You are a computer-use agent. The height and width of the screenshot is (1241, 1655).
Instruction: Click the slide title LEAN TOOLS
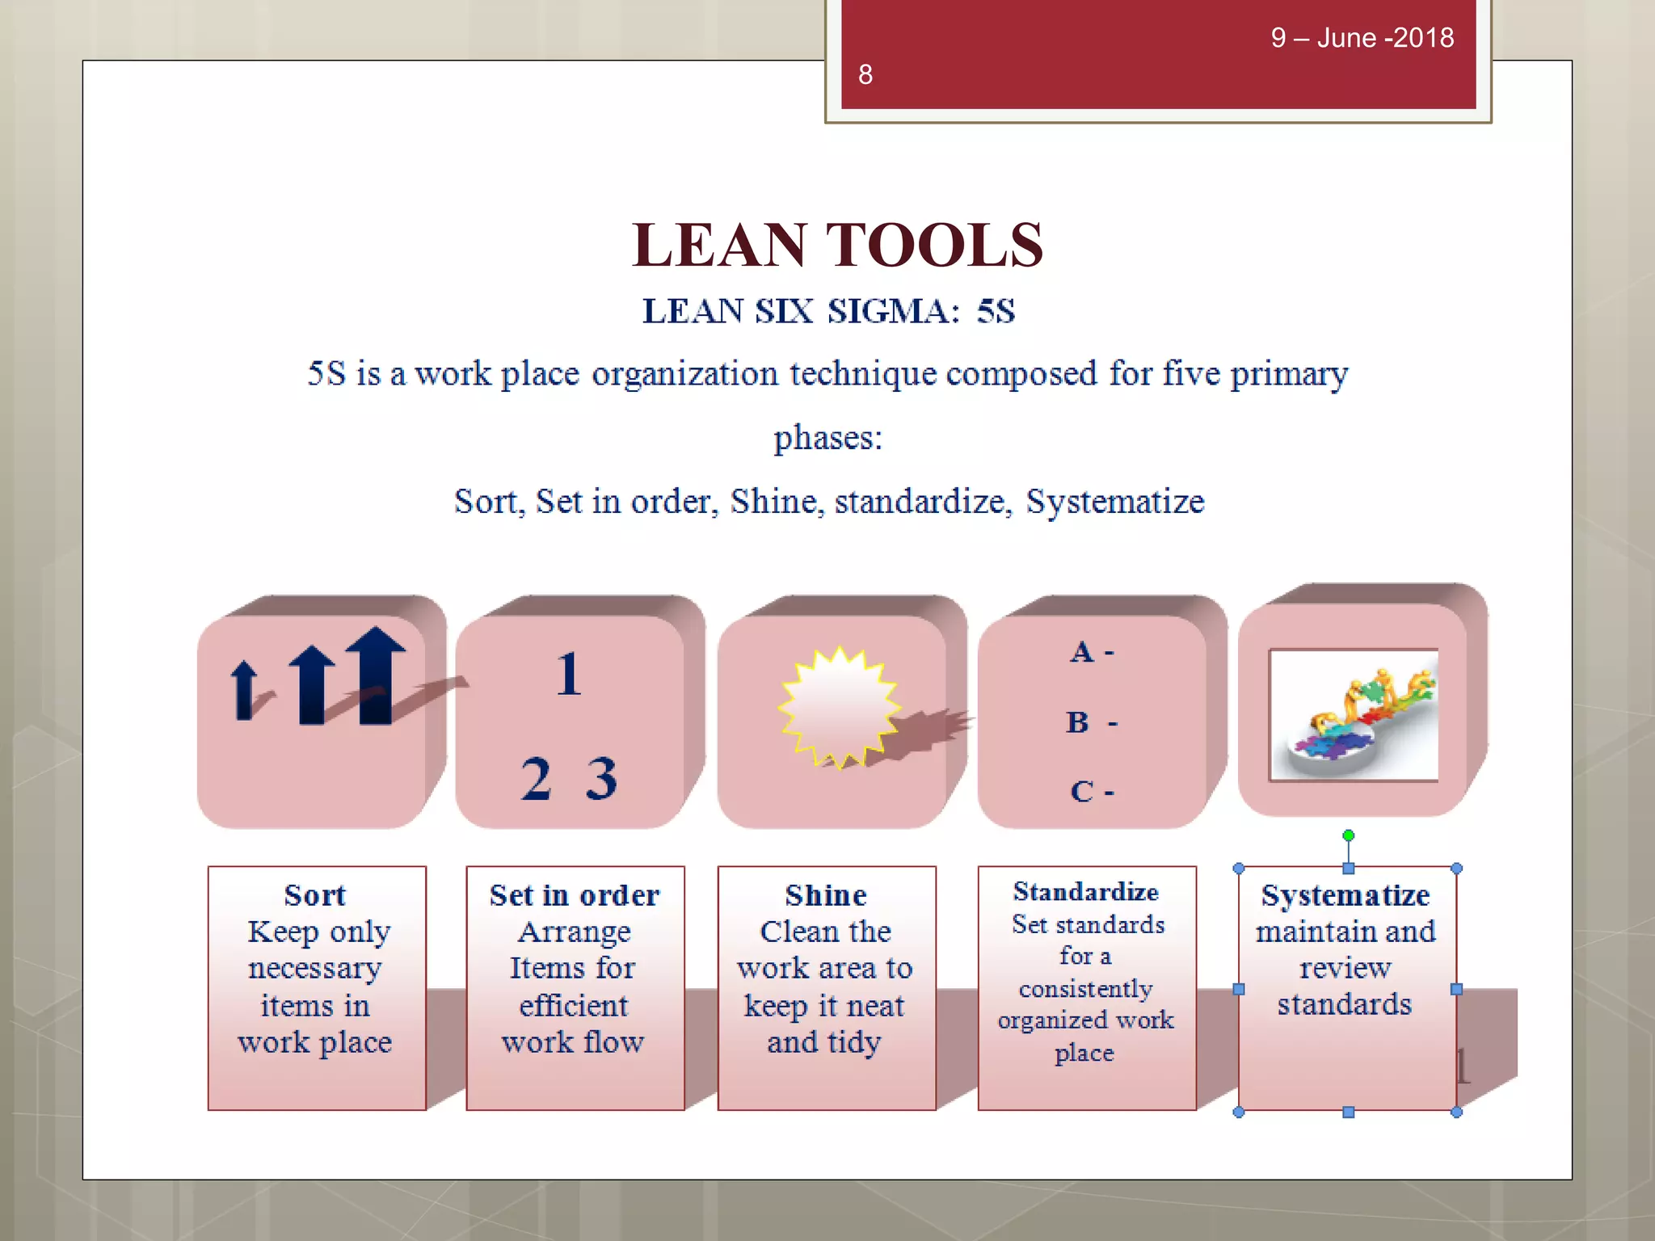(x=837, y=245)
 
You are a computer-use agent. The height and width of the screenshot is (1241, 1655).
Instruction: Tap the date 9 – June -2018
(x=1362, y=38)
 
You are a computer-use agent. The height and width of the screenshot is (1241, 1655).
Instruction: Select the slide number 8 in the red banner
(x=865, y=75)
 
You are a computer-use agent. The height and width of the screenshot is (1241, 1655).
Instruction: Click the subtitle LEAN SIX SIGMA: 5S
(x=828, y=311)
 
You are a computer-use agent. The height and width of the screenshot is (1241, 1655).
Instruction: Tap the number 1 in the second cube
(x=569, y=674)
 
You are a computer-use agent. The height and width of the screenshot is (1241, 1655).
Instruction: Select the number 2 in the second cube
(x=537, y=778)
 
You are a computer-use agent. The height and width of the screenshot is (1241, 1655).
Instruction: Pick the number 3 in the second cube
(x=602, y=778)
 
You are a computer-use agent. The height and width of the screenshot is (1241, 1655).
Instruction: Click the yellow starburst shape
(x=839, y=706)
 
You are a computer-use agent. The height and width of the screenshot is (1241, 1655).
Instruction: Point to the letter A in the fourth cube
(x=1082, y=651)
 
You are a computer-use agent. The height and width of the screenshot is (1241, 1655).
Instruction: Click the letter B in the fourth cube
(x=1077, y=721)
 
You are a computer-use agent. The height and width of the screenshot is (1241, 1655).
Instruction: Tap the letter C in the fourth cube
(x=1082, y=791)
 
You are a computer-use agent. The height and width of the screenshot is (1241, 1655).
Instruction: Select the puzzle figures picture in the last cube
(x=1354, y=715)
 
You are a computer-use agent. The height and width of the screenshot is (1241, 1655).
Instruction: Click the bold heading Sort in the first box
(x=315, y=895)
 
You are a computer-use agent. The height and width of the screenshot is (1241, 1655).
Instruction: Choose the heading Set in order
(x=575, y=895)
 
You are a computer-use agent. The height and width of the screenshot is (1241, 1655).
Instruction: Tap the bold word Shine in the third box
(x=826, y=895)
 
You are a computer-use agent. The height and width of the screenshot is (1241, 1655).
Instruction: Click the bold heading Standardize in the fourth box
(x=1086, y=891)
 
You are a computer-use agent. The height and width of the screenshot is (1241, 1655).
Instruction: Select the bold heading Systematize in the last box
(x=1345, y=895)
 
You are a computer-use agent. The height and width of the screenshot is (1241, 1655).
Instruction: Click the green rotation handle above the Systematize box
(x=1348, y=835)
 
